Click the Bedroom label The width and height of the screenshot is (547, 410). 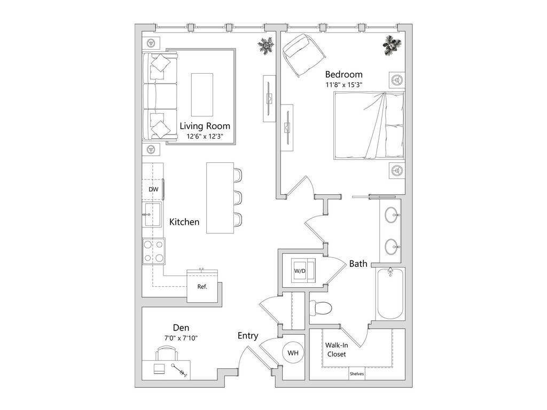tap(343, 74)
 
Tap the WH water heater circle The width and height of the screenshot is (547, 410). tap(293, 353)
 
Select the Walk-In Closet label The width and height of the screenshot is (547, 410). tap(337, 349)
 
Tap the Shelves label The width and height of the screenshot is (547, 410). tap(356, 374)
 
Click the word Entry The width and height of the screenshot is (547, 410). tap(248, 336)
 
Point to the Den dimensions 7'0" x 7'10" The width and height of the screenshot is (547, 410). tap(181, 338)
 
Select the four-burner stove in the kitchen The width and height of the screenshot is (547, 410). tap(153, 251)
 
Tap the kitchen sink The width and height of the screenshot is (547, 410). tap(153, 215)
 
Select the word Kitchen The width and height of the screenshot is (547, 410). tap(184, 222)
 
